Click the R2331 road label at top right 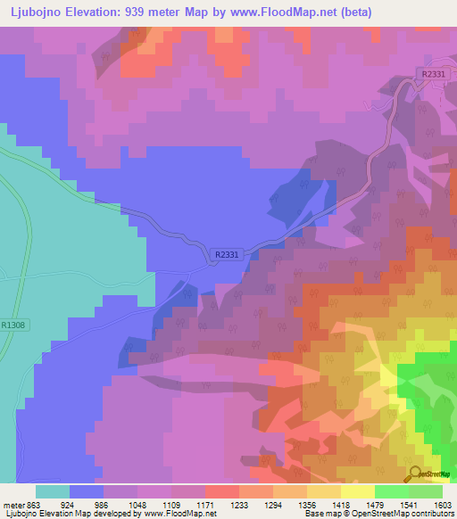point(432,74)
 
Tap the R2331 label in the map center point(228,254)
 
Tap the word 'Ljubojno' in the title point(35,12)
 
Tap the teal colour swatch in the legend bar point(53,491)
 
